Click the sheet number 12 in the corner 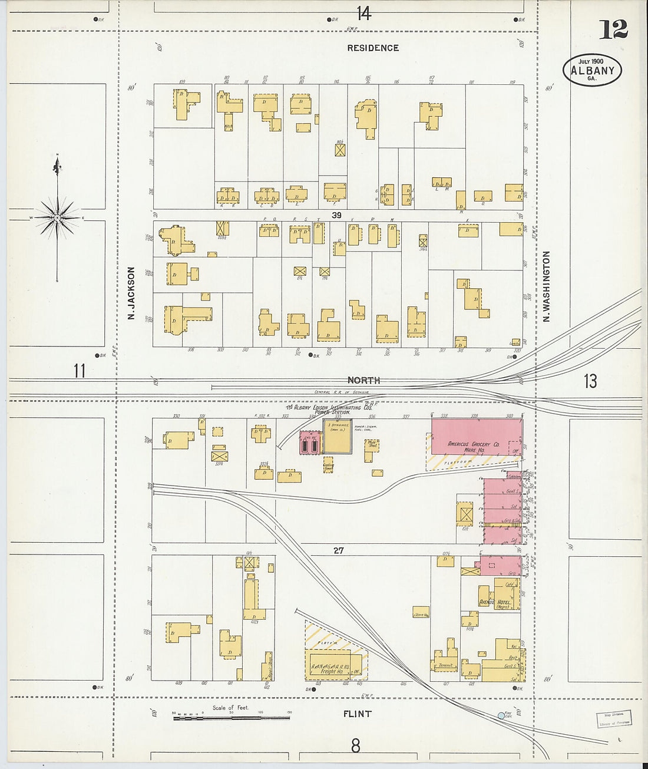click(x=613, y=29)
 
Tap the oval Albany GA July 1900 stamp click(x=592, y=70)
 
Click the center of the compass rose click(x=57, y=218)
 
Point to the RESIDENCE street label click(x=372, y=48)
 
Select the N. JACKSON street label click(x=131, y=293)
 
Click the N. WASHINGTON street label click(x=546, y=286)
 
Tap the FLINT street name click(x=357, y=714)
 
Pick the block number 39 click(x=336, y=215)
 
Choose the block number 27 click(x=338, y=550)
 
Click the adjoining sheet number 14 click(x=363, y=13)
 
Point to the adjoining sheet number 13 click(x=590, y=381)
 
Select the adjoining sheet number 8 click(x=355, y=746)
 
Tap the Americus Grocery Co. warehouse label click(x=474, y=446)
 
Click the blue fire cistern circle click(x=501, y=715)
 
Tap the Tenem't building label click(x=445, y=665)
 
